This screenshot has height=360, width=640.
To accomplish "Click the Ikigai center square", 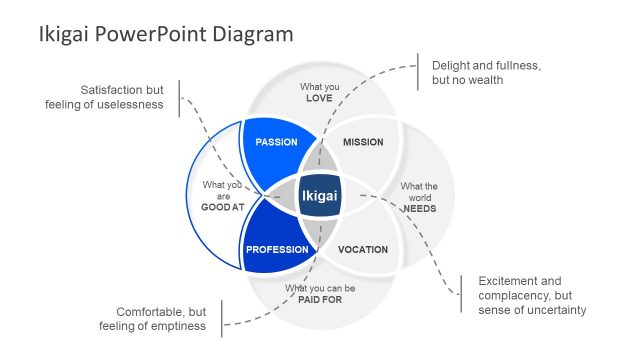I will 320,196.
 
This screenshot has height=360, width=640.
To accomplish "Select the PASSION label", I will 277,142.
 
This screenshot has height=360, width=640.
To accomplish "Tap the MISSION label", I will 363,142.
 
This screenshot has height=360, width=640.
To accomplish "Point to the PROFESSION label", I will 277,249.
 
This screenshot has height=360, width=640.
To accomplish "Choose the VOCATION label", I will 363,249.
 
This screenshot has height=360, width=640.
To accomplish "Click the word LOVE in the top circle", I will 320,100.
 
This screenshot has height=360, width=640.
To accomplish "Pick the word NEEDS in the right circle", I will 419,208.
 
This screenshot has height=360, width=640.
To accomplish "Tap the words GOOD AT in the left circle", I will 222,207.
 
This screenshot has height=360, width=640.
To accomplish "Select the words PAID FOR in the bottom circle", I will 320,300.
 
